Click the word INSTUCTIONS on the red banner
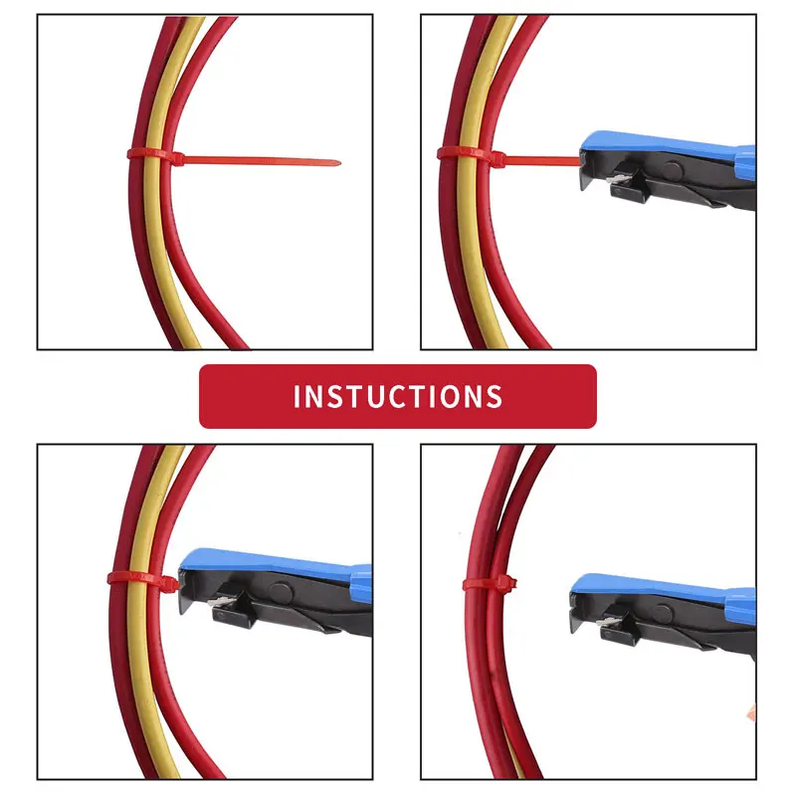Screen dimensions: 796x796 click(398, 396)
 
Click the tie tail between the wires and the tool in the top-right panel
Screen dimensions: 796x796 click(537, 155)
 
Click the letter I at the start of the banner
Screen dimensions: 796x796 click(298, 396)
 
